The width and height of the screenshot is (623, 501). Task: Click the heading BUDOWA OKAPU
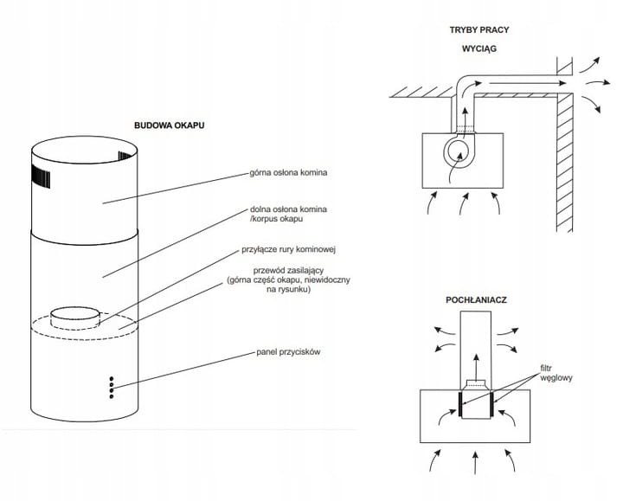[x=169, y=125]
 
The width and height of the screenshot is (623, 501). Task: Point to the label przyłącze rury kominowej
[x=288, y=250]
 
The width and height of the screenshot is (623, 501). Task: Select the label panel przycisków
[x=289, y=353]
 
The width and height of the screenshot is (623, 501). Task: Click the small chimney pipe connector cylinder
[x=73, y=317]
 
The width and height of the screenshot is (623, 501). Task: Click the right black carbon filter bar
[x=493, y=402]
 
